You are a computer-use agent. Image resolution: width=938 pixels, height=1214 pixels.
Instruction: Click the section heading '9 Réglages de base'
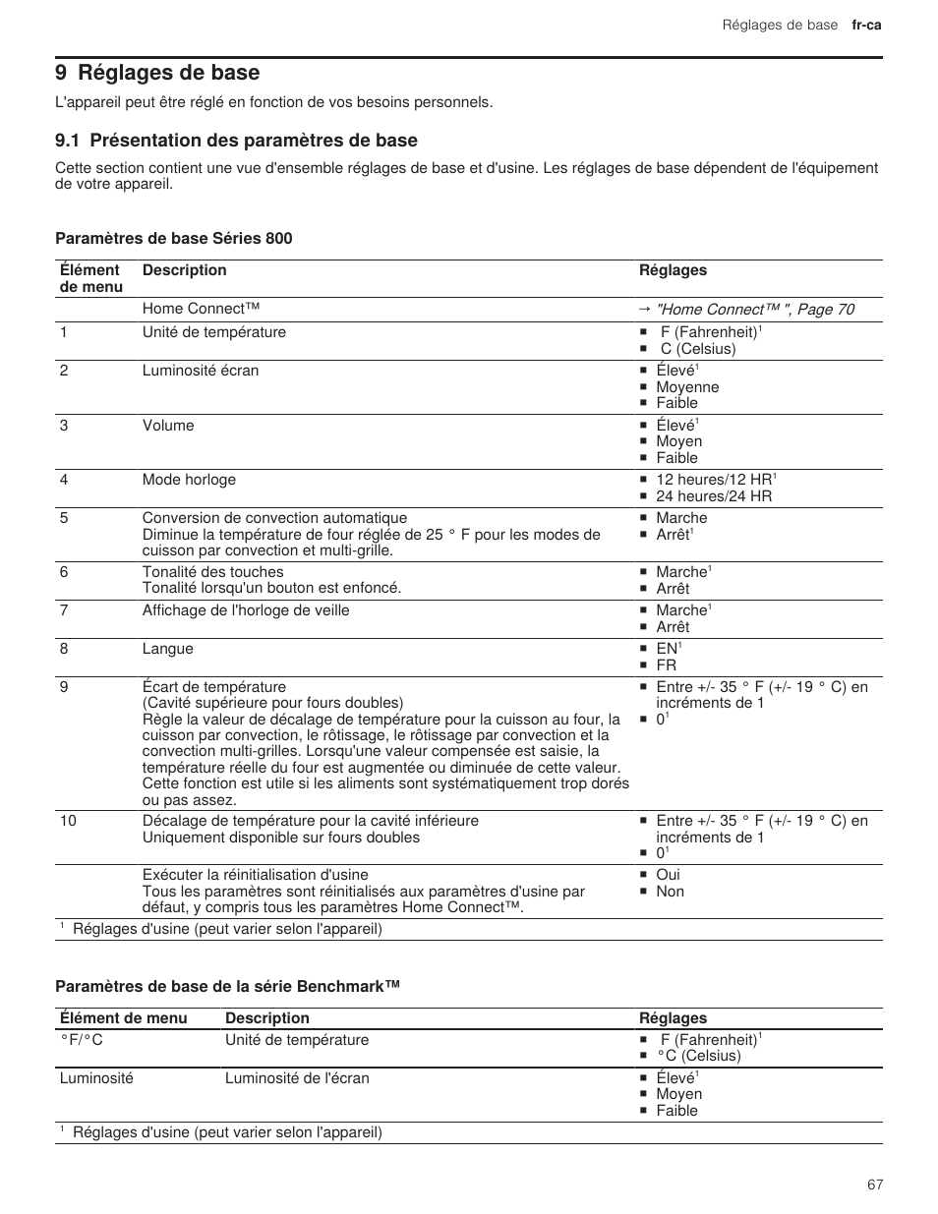coord(158,73)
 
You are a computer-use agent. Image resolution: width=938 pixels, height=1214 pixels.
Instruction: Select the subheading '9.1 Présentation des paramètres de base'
coord(237,141)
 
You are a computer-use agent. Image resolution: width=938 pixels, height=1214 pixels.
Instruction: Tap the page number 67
coord(875,1185)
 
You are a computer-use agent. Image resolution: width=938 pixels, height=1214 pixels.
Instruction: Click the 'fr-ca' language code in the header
coord(866,25)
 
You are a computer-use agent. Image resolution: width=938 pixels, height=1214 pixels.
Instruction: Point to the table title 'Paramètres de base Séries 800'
coord(174,239)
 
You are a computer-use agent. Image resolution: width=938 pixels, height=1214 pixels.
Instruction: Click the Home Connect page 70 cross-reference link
coord(754,310)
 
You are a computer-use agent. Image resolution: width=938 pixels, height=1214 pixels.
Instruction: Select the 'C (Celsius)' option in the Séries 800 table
coord(697,349)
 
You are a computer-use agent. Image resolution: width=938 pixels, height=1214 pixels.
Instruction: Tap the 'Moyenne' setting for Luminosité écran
coord(687,387)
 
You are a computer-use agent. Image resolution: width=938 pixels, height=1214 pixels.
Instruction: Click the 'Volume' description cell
coord(168,426)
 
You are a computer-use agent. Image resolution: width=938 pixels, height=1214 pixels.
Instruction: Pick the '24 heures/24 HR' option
coord(714,496)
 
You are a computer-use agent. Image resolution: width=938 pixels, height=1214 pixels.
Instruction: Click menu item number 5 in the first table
coord(64,518)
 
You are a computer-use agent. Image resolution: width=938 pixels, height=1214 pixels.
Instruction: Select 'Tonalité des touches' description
coord(212,572)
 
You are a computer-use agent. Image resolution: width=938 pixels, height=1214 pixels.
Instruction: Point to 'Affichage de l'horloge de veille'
coord(246,610)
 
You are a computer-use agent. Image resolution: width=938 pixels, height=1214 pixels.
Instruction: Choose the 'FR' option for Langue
coord(667,665)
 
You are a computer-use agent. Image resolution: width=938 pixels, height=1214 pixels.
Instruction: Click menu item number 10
coord(68,821)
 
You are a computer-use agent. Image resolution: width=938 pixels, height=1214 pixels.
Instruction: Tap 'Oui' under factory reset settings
coord(668,875)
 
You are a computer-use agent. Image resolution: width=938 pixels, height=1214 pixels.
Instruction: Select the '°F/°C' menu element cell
coord(82,1040)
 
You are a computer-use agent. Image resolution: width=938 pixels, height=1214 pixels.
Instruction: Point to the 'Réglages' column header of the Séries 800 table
coord(673,270)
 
